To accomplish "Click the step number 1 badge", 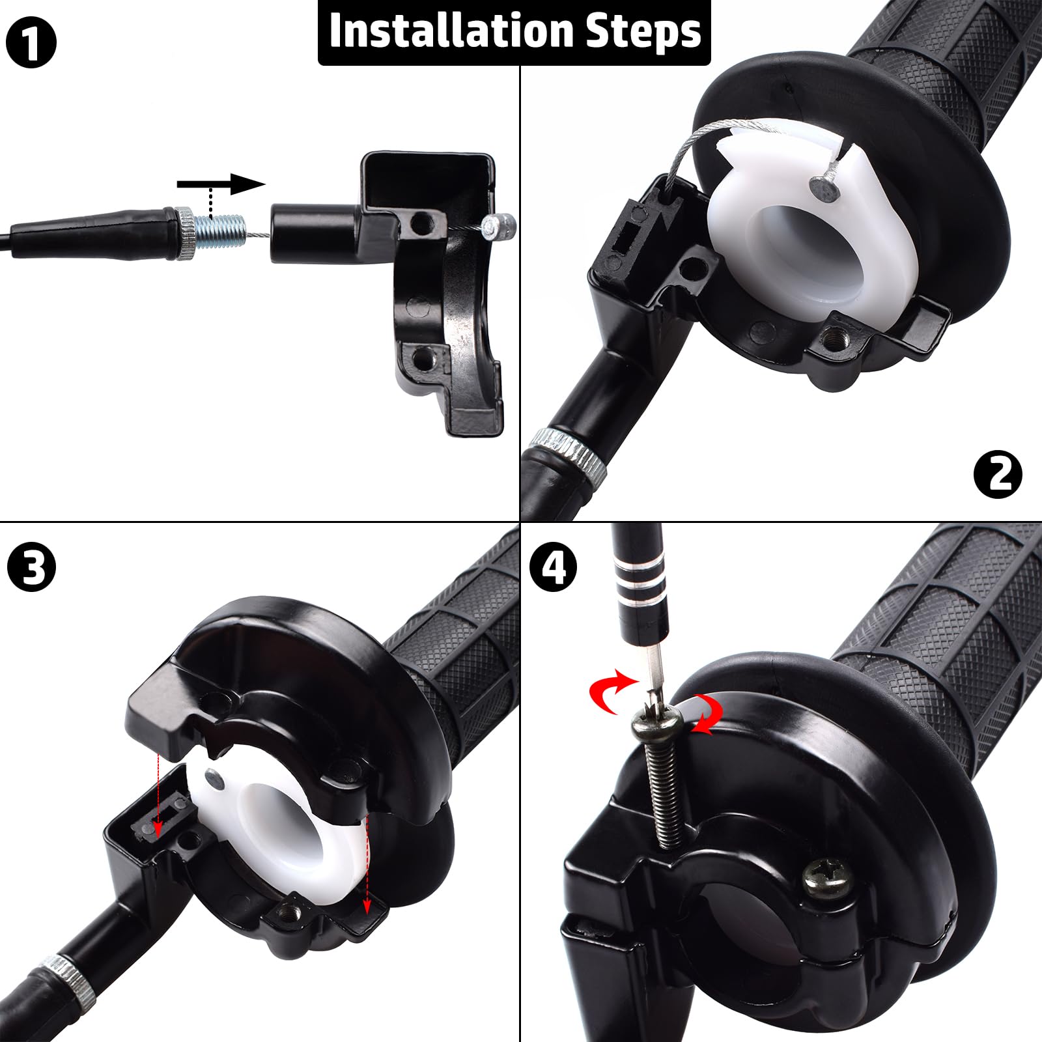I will click(x=31, y=42).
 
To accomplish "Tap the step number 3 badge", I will click(x=31, y=567).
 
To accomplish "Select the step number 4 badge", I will click(x=553, y=567).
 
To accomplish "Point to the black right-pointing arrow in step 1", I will click(x=221, y=184).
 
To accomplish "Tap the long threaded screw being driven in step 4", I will click(x=664, y=788).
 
